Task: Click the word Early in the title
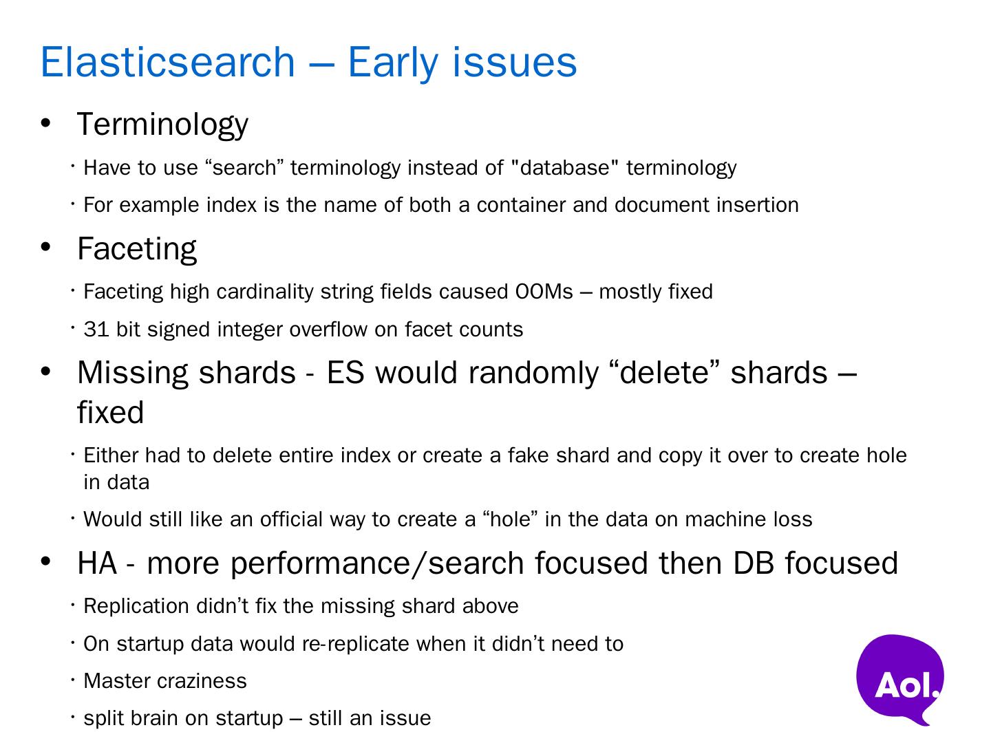(393, 64)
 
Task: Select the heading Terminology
(162, 125)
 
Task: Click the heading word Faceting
(137, 249)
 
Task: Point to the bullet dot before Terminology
(45, 122)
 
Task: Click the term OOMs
(544, 292)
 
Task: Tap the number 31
(96, 330)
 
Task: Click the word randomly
(533, 374)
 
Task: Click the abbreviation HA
(97, 563)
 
